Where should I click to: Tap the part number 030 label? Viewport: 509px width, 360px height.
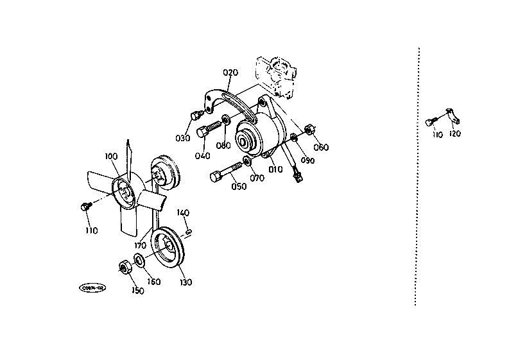[x=183, y=138]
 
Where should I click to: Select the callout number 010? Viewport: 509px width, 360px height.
[x=275, y=169]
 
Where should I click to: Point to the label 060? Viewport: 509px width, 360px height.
[x=321, y=148]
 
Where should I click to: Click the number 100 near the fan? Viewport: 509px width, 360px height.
[x=111, y=157]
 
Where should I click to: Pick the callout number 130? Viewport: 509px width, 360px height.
[x=185, y=282]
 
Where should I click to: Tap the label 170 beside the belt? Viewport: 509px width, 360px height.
[x=141, y=244]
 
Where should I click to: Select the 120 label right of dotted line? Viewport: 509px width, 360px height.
[x=454, y=133]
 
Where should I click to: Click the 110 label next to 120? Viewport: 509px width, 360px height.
[x=437, y=133]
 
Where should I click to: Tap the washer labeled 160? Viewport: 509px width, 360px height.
[x=137, y=262]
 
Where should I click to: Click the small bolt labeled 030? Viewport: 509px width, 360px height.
[x=194, y=116]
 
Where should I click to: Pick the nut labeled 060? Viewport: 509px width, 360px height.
[x=308, y=129]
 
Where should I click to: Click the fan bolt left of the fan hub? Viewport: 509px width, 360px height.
[x=85, y=206]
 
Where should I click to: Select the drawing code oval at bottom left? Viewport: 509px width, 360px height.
[x=91, y=288]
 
